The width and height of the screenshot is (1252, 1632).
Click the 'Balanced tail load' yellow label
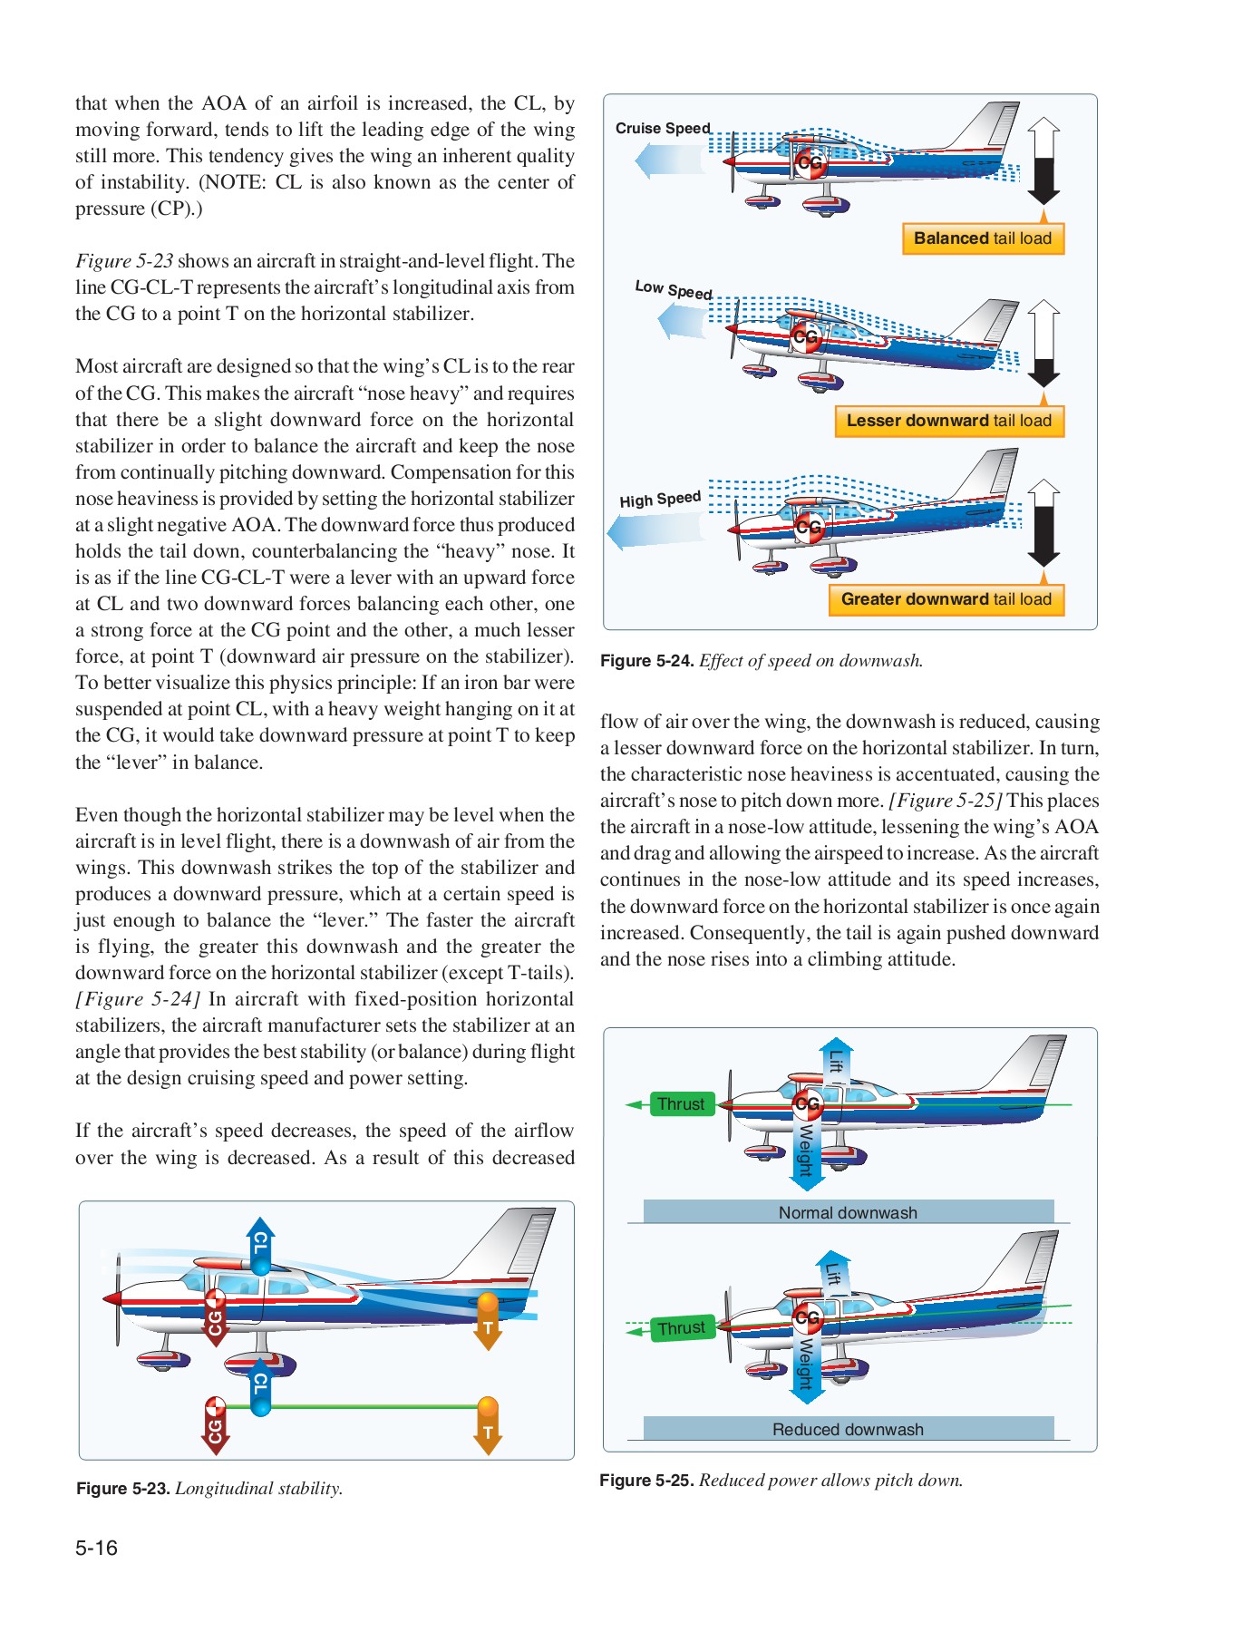coord(983,238)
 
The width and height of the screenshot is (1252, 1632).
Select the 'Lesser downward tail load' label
coord(948,421)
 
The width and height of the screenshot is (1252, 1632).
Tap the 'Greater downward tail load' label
coord(946,599)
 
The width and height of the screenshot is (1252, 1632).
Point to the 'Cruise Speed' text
coord(663,129)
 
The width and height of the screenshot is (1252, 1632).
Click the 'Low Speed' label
coord(673,289)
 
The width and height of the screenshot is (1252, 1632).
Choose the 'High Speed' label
coord(660,500)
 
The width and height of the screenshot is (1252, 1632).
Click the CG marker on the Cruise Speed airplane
coord(809,163)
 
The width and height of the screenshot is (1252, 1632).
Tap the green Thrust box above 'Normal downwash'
coord(681,1104)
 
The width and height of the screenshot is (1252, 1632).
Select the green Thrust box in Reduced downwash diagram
coord(682,1328)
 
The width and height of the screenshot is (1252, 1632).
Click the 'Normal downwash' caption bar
coord(848,1212)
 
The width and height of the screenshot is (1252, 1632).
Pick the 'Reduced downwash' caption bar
coord(848,1429)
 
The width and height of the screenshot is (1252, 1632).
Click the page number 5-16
coord(96,1548)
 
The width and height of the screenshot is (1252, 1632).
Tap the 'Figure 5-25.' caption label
coord(645,1481)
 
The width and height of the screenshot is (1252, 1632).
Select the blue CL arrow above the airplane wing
coord(260,1246)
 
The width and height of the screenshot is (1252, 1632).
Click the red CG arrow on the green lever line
coord(215,1425)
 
